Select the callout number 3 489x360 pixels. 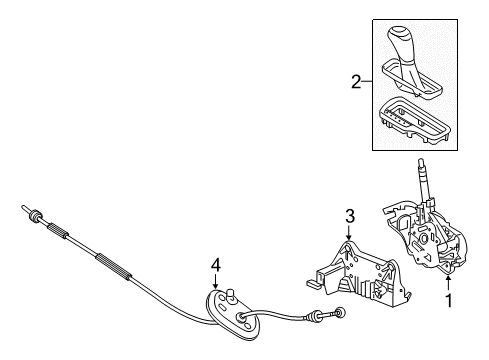pos(350,214)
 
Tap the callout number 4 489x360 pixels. pos(214,265)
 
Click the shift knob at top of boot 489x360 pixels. pos(410,44)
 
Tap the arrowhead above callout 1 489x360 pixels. pos(449,303)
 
